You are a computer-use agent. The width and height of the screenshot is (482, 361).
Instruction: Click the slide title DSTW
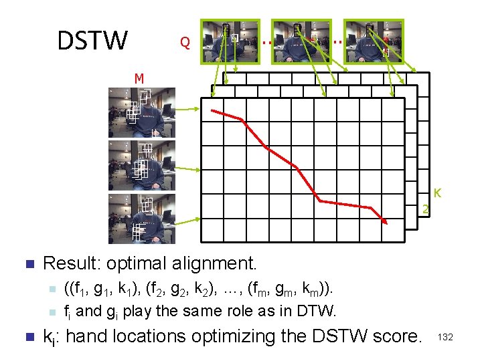(x=92, y=41)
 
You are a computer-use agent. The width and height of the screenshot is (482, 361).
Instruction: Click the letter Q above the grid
(x=185, y=43)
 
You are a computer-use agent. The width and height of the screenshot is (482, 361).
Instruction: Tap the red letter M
(x=139, y=79)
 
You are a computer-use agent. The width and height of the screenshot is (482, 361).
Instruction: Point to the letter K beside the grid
(x=436, y=193)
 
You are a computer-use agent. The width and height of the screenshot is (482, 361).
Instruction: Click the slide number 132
(x=445, y=338)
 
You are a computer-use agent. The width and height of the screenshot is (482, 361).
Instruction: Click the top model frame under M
(x=142, y=112)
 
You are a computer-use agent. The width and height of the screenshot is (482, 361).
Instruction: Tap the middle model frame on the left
(x=142, y=165)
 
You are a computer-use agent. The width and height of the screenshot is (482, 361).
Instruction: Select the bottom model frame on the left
(x=142, y=219)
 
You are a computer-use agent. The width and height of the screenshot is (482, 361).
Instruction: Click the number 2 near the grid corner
(x=425, y=211)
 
